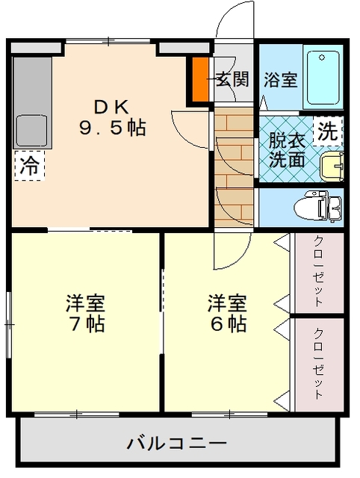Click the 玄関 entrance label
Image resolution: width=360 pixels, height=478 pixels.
[x=232, y=79]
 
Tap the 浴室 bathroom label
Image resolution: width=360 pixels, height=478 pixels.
[x=280, y=79]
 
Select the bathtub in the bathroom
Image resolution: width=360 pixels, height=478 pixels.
[x=323, y=78]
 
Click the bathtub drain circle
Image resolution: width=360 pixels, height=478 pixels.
[x=322, y=58]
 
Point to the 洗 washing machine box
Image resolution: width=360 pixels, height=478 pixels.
[x=328, y=131]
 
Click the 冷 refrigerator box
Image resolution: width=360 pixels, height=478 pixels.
[x=29, y=165]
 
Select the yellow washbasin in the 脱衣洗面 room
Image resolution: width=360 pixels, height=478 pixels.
[x=332, y=167]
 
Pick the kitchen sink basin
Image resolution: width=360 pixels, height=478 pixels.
[x=31, y=131]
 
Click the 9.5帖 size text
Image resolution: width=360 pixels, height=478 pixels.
[x=113, y=128]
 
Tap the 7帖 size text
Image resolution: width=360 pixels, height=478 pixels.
[x=86, y=324]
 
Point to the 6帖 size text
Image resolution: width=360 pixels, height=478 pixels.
[x=228, y=324]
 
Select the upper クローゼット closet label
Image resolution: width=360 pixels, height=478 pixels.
[x=319, y=270]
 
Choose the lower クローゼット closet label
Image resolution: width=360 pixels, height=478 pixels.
[x=319, y=363]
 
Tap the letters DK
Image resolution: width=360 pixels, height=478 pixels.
[x=111, y=107]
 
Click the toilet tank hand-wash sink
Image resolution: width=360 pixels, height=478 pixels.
[x=335, y=208]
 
